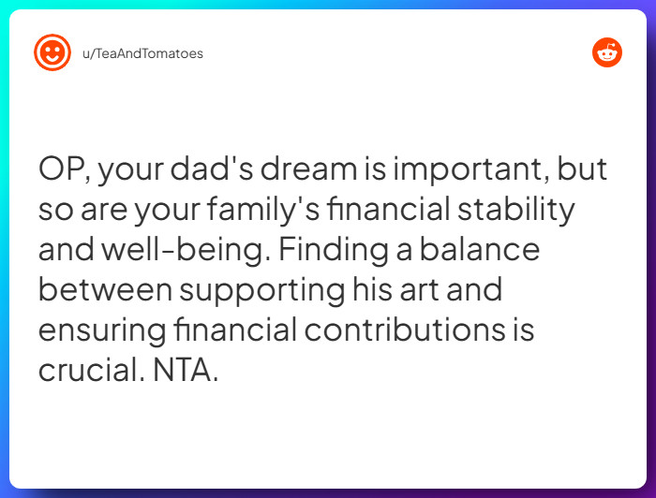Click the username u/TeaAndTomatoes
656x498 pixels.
[142, 53]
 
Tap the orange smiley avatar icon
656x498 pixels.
[52, 52]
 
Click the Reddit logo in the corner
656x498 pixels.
[607, 52]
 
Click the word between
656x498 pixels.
[105, 290]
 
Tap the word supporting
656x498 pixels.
[262, 290]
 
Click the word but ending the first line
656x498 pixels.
[583, 170]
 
